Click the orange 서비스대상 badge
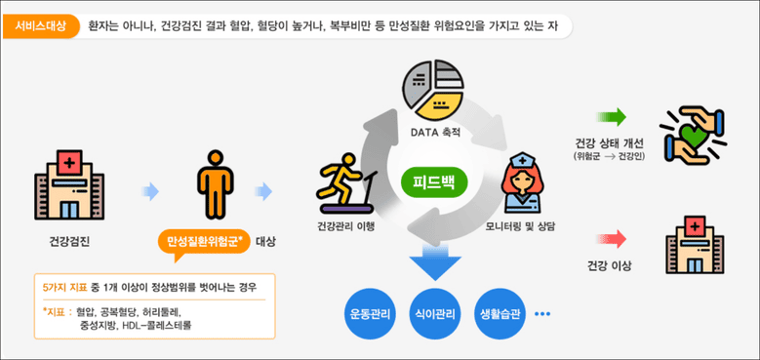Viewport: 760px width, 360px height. pyautogui.click(x=41, y=27)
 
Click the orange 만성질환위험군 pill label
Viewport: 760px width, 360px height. pyautogui.click(x=204, y=240)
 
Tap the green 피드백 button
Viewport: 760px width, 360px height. pyautogui.click(x=435, y=182)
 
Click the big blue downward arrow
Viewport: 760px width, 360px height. pyautogui.click(x=434, y=261)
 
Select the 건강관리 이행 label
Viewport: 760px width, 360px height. pyautogui.click(x=346, y=226)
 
